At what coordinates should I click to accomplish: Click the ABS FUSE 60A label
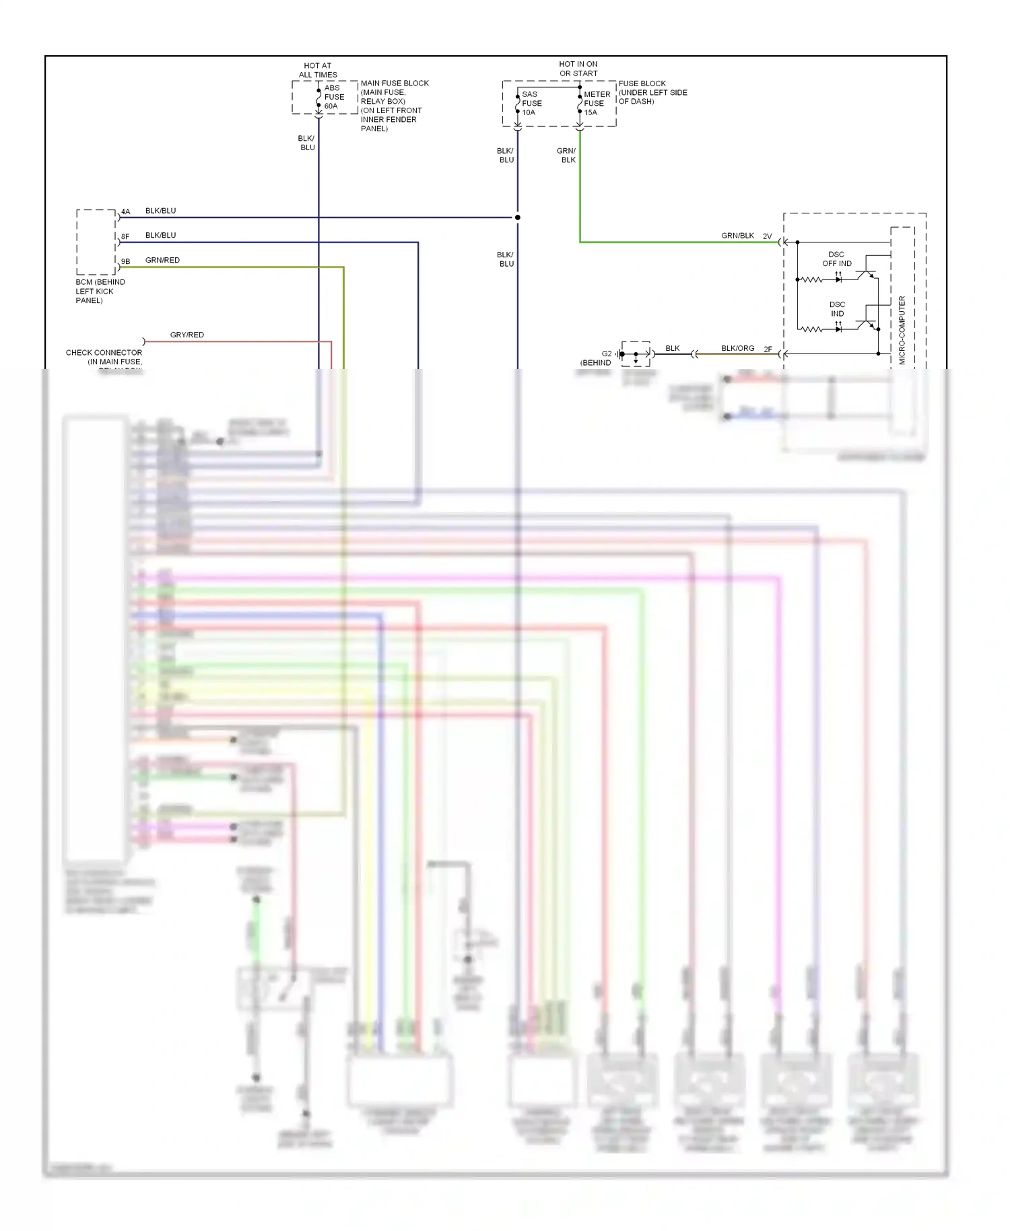coord(333,97)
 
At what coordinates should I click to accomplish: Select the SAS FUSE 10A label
coord(531,103)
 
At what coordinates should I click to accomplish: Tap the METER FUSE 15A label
coord(596,103)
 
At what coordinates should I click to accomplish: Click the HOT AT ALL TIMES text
coord(318,70)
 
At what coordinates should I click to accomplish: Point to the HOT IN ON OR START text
coord(578,69)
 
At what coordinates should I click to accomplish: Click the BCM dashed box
coord(96,242)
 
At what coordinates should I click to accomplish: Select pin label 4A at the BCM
coord(125,211)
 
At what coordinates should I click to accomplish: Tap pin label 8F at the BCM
coord(125,236)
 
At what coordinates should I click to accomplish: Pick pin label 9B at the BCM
coord(125,261)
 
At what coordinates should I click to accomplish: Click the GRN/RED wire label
coord(162,260)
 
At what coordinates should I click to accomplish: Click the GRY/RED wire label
coord(187,335)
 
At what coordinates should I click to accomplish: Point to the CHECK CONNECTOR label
coord(104,352)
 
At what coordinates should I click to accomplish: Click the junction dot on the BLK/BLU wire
coord(517,218)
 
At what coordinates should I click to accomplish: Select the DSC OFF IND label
coord(836,259)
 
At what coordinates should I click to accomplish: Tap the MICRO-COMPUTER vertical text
coord(902,330)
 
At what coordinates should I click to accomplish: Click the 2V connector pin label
coord(767,236)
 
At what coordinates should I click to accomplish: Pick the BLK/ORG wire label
coord(737,348)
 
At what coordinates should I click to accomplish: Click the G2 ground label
coord(607,354)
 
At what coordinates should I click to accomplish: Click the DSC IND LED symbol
coord(838,329)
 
